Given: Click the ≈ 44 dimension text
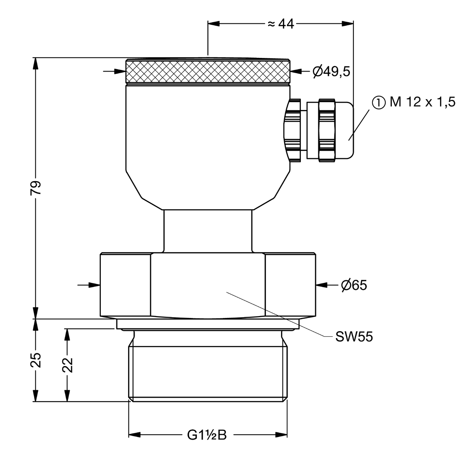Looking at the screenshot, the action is pyautogui.click(x=281, y=24).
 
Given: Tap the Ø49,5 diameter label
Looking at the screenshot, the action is pyautogui.click(x=332, y=72).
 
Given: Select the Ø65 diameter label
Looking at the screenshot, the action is pyautogui.click(x=354, y=285).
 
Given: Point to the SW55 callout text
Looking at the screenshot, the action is pyautogui.click(x=354, y=337).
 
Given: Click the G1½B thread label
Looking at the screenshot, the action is pyautogui.click(x=207, y=435).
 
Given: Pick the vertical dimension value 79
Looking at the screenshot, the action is pyautogui.click(x=36, y=188).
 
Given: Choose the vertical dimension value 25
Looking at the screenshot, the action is pyautogui.click(x=36, y=360).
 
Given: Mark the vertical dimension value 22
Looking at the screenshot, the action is pyautogui.click(x=67, y=365).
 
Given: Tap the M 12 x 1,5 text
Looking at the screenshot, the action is pyautogui.click(x=422, y=102).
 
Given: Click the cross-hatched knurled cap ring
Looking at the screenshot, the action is pyautogui.click(x=208, y=72).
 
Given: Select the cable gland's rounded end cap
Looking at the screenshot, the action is pyautogui.click(x=344, y=130).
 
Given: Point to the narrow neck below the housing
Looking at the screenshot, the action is pyautogui.click(x=208, y=231).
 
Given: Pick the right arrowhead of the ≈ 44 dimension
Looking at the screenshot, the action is pyautogui.click(x=348, y=23).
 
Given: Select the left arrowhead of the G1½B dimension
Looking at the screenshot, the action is pyautogui.click(x=135, y=435).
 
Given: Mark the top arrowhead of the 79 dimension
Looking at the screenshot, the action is pyautogui.click(x=35, y=63).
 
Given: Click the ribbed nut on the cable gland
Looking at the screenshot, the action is pyautogui.click(x=327, y=130).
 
